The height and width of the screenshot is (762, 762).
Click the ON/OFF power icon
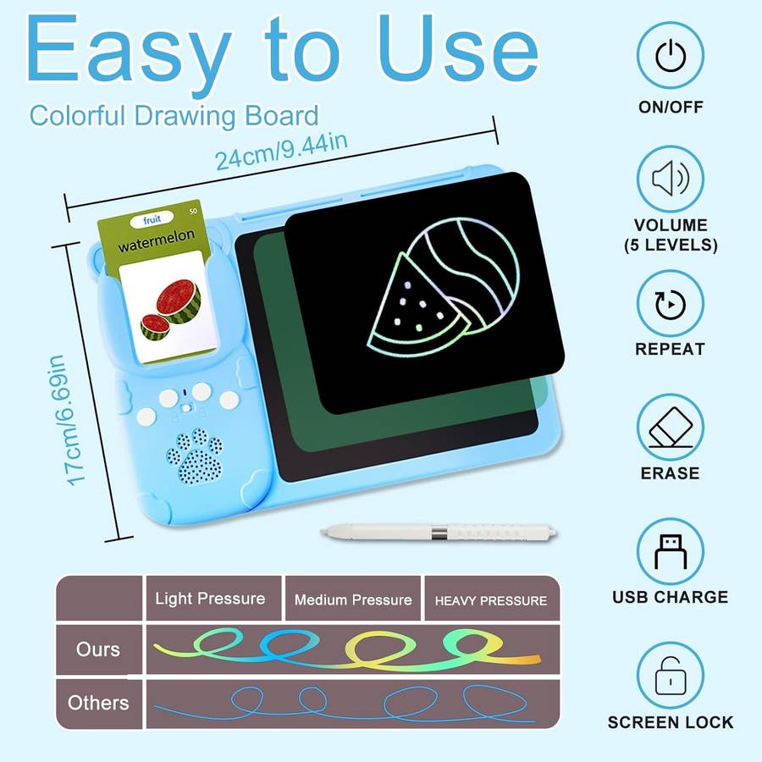pos(669,56)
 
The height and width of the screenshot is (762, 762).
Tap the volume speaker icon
pos(669,179)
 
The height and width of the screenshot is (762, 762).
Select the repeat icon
pos(669,303)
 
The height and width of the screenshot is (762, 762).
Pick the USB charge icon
pos(669,551)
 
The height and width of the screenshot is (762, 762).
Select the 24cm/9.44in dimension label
pos(280,152)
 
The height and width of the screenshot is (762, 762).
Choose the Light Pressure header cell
pos(210,599)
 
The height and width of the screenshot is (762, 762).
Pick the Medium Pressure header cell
pos(353,599)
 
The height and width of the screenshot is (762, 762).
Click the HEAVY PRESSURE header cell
pos(491,600)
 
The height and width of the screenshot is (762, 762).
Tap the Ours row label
pos(98,649)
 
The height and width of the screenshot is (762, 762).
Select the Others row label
pos(98,703)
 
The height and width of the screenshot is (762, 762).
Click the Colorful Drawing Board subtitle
pos(174,115)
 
